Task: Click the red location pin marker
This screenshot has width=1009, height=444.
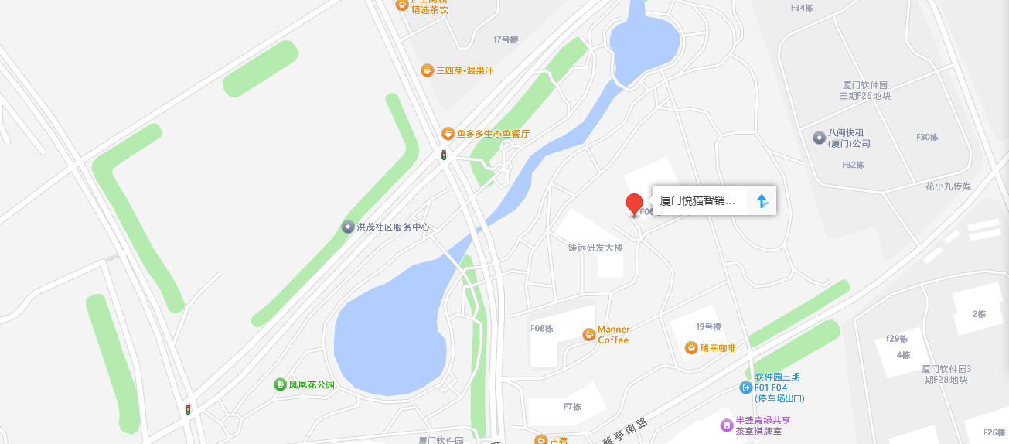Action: tap(634, 204)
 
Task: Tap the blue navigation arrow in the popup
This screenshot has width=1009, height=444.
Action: tap(762, 201)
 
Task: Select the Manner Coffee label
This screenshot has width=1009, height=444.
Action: tap(613, 335)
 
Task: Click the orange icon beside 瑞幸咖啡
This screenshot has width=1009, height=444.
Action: tap(690, 348)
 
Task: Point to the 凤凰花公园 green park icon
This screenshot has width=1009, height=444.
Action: tap(280, 384)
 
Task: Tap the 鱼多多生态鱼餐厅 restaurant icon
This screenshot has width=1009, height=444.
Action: tap(448, 134)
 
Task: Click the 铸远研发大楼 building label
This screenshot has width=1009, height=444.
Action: tap(595, 248)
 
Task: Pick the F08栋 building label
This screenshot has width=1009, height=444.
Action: tap(542, 328)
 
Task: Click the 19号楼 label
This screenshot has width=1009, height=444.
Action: tap(708, 327)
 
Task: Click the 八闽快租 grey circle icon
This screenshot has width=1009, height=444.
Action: tap(819, 138)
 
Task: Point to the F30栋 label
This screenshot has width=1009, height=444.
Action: tap(927, 138)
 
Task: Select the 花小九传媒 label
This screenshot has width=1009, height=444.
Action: tap(948, 186)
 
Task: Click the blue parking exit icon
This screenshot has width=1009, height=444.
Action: tap(745, 387)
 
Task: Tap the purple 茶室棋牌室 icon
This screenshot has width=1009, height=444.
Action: tap(726, 425)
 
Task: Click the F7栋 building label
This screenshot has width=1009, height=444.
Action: tap(572, 407)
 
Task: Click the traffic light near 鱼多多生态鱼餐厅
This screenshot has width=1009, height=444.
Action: tap(444, 155)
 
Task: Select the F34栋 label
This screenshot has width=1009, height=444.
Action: tap(802, 8)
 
